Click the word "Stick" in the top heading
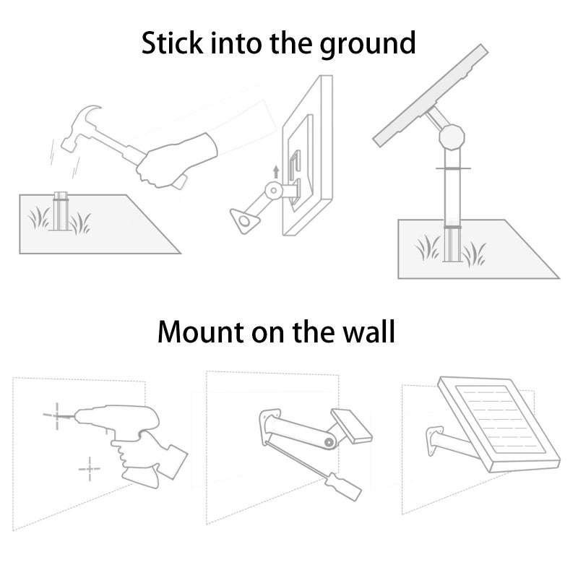tap(172, 43)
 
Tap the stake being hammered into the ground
tap(61, 211)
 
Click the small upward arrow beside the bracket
tap(276, 172)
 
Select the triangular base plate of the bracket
tap(245, 220)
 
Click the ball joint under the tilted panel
tap(452, 137)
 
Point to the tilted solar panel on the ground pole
tap(431, 95)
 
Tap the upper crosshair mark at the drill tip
tap(56, 416)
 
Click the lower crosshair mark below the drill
tap(90, 469)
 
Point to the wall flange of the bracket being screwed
tap(269, 428)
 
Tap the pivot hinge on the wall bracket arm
tap(329, 442)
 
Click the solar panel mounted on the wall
tap(499, 424)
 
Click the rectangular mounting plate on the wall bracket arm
tap(351, 426)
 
